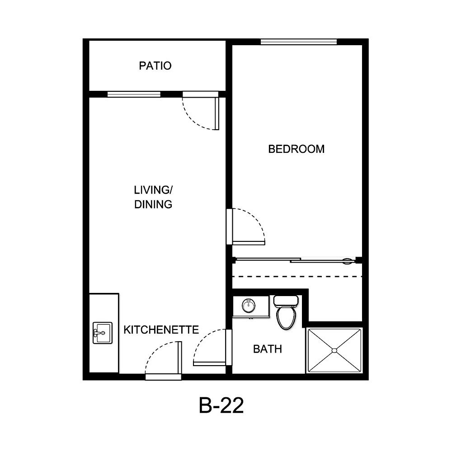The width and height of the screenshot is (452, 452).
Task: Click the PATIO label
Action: click(155, 66)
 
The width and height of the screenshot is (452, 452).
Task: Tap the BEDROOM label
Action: click(296, 149)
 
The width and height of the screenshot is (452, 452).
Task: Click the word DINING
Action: click(153, 204)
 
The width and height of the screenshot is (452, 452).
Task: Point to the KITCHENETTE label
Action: click(161, 330)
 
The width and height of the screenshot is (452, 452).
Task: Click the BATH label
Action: click(267, 349)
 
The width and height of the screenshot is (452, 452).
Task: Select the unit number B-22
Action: click(221, 405)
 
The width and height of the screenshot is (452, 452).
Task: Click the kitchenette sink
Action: click(103, 333)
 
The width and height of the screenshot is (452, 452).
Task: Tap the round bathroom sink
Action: click(248, 306)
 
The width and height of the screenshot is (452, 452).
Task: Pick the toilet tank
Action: click(286, 300)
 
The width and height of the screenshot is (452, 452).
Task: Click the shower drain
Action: click(334, 350)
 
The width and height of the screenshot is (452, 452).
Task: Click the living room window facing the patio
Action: click(134, 94)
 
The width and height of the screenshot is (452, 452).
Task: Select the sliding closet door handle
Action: click(347, 261)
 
